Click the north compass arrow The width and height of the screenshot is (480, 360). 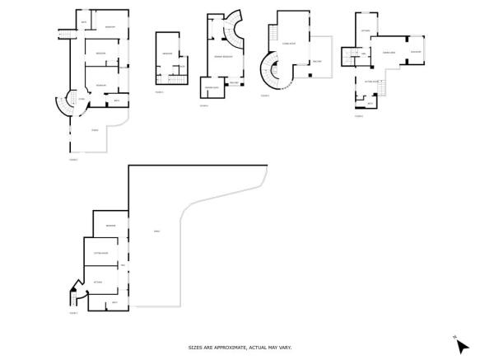[x=462, y=345]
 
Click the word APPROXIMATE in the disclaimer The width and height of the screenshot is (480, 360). [x=224, y=347]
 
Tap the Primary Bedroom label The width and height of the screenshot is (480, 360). [x=224, y=55]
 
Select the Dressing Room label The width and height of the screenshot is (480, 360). [x=212, y=86]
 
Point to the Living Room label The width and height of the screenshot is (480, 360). [x=288, y=43]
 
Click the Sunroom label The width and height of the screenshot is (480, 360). [x=416, y=52]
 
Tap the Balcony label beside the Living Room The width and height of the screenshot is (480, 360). [x=317, y=63]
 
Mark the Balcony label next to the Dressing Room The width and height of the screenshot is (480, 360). [x=234, y=82]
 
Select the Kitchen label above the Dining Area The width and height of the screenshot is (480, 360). [x=366, y=30]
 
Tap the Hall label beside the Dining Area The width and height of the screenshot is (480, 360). [x=363, y=54]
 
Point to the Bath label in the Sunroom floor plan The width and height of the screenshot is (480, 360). [x=370, y=102]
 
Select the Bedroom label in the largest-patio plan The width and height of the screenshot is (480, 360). [x=110, y=226]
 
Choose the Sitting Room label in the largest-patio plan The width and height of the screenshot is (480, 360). [x=100, y=254]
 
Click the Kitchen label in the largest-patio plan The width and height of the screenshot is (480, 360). [x=98, y=281]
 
